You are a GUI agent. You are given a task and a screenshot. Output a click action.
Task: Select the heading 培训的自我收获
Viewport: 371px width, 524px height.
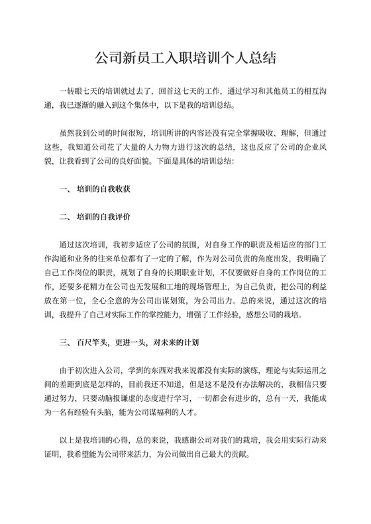click(102, 189)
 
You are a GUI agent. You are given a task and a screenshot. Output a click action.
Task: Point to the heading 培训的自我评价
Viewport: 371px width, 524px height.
click(102, 216)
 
